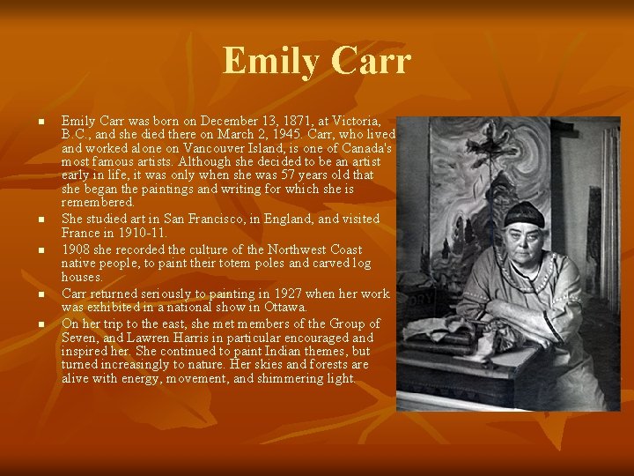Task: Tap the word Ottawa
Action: [285, 307]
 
